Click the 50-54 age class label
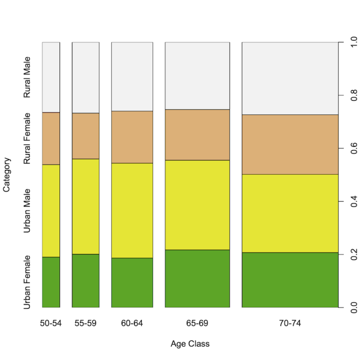coord(51,323)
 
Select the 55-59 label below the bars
coord(85,323)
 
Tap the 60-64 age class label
coord(132,323)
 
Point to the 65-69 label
coord(197,323)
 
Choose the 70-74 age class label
coord(290,323)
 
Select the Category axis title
coord(7,175)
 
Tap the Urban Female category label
coord(28,282)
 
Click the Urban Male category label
coord(28,210)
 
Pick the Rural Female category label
coord(28,138)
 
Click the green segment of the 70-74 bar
coord(290,280)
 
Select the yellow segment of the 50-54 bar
coord(51,210)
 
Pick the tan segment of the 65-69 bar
coord(197,135)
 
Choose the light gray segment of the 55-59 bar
coord(85,77)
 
